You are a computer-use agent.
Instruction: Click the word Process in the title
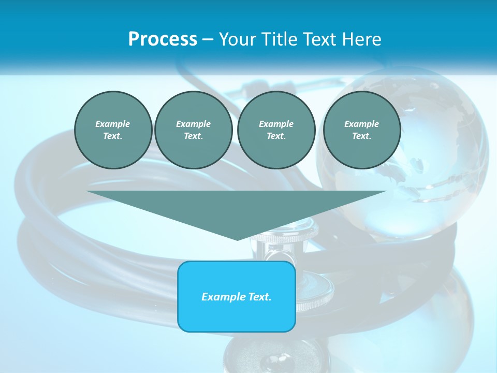click(163, 39)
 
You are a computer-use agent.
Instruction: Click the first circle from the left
click(113, 130)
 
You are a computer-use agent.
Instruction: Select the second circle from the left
click(193, 130)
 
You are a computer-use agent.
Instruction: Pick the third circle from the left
click(276, 130)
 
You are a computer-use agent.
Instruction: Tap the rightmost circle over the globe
click(361, 130)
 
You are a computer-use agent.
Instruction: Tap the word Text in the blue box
click(260, 297)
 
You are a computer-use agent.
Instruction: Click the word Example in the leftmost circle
click(113, 124)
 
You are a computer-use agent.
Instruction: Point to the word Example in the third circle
click(276, 124)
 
